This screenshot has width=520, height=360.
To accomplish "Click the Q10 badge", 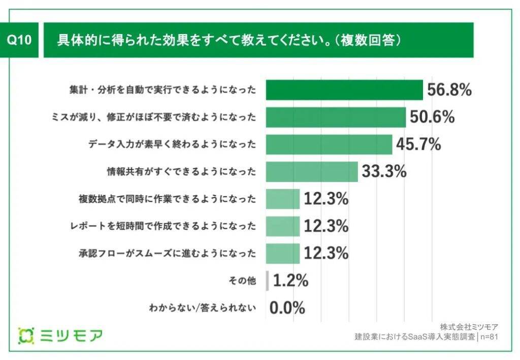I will point(20,41).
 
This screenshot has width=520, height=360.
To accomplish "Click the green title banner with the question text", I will point(258,41).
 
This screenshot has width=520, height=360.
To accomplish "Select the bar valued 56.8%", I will point(344,90).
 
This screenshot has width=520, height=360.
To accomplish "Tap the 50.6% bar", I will point(336,117).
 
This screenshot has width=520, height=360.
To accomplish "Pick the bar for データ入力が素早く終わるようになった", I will point(329,144).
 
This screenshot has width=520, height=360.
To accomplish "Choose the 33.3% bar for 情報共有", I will point(312,172).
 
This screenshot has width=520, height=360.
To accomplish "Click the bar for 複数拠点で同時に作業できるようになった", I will point(283,199).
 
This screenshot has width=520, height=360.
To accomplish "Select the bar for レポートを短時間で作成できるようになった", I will point(283,226).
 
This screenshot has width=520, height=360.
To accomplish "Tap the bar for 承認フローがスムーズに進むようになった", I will point(283,253).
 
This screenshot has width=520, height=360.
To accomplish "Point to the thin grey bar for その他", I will point(268,280).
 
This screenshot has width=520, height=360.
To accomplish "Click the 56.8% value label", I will point(449,90).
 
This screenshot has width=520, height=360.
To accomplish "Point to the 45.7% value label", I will point(418,144).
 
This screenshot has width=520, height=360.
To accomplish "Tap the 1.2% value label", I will point(290,280).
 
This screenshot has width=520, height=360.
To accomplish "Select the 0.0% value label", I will point(287,307).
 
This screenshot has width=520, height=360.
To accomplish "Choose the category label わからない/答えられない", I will point(202,307).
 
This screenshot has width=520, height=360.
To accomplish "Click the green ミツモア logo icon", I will point(26,336).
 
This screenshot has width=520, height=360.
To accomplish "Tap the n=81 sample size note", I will point(489,336).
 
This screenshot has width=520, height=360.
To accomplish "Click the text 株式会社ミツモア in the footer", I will point(469,326).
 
